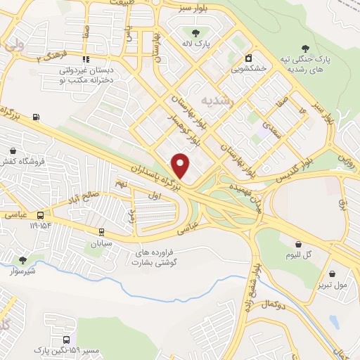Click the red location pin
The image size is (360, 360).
pos(181,165)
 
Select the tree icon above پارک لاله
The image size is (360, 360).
pos(195,33)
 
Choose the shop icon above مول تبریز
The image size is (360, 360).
pos(332,274)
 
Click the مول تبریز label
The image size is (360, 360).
pos(332,285)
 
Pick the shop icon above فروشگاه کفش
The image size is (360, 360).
pos(13,150)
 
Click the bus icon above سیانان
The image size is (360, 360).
pos(101,231)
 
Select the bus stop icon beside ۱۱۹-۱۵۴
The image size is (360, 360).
pos(41,215)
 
